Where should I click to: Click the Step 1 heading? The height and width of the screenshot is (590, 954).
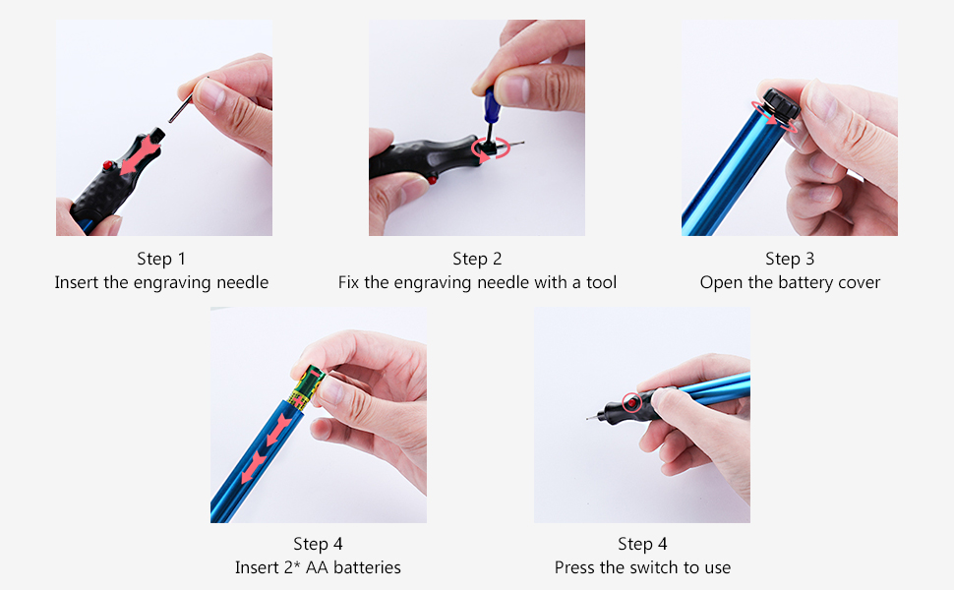pyautogui.click(x=161, y=260)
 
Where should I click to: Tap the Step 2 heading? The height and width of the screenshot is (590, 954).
pyautogui.click(x=477, y=260)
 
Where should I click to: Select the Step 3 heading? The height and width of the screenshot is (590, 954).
pyautogui.click(x=790, y=260)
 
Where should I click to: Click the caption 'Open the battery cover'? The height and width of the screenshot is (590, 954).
pyautogui.click(x=790, y=283)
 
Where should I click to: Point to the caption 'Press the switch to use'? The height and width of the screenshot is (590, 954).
pyautogui.click(x=642, y=567)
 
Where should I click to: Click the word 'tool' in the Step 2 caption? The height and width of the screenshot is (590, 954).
pyautogui.click(x=601, y=282)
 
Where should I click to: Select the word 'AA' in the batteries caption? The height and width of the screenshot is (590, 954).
pyautogui.click(x=317, y=567)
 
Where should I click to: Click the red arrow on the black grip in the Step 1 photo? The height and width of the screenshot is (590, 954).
pyautogui.click(x=142, y=154)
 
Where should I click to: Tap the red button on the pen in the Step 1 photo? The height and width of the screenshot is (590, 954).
pyautogui.click(x=108, y=165)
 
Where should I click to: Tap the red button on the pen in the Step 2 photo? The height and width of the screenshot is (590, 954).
pyautogui.click(x=432, y=179)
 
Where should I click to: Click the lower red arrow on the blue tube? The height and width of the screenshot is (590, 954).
pyautogui.click(x=253, y=467)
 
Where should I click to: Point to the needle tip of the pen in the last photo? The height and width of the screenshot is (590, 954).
pyautogui.click(x=588, y=419)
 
